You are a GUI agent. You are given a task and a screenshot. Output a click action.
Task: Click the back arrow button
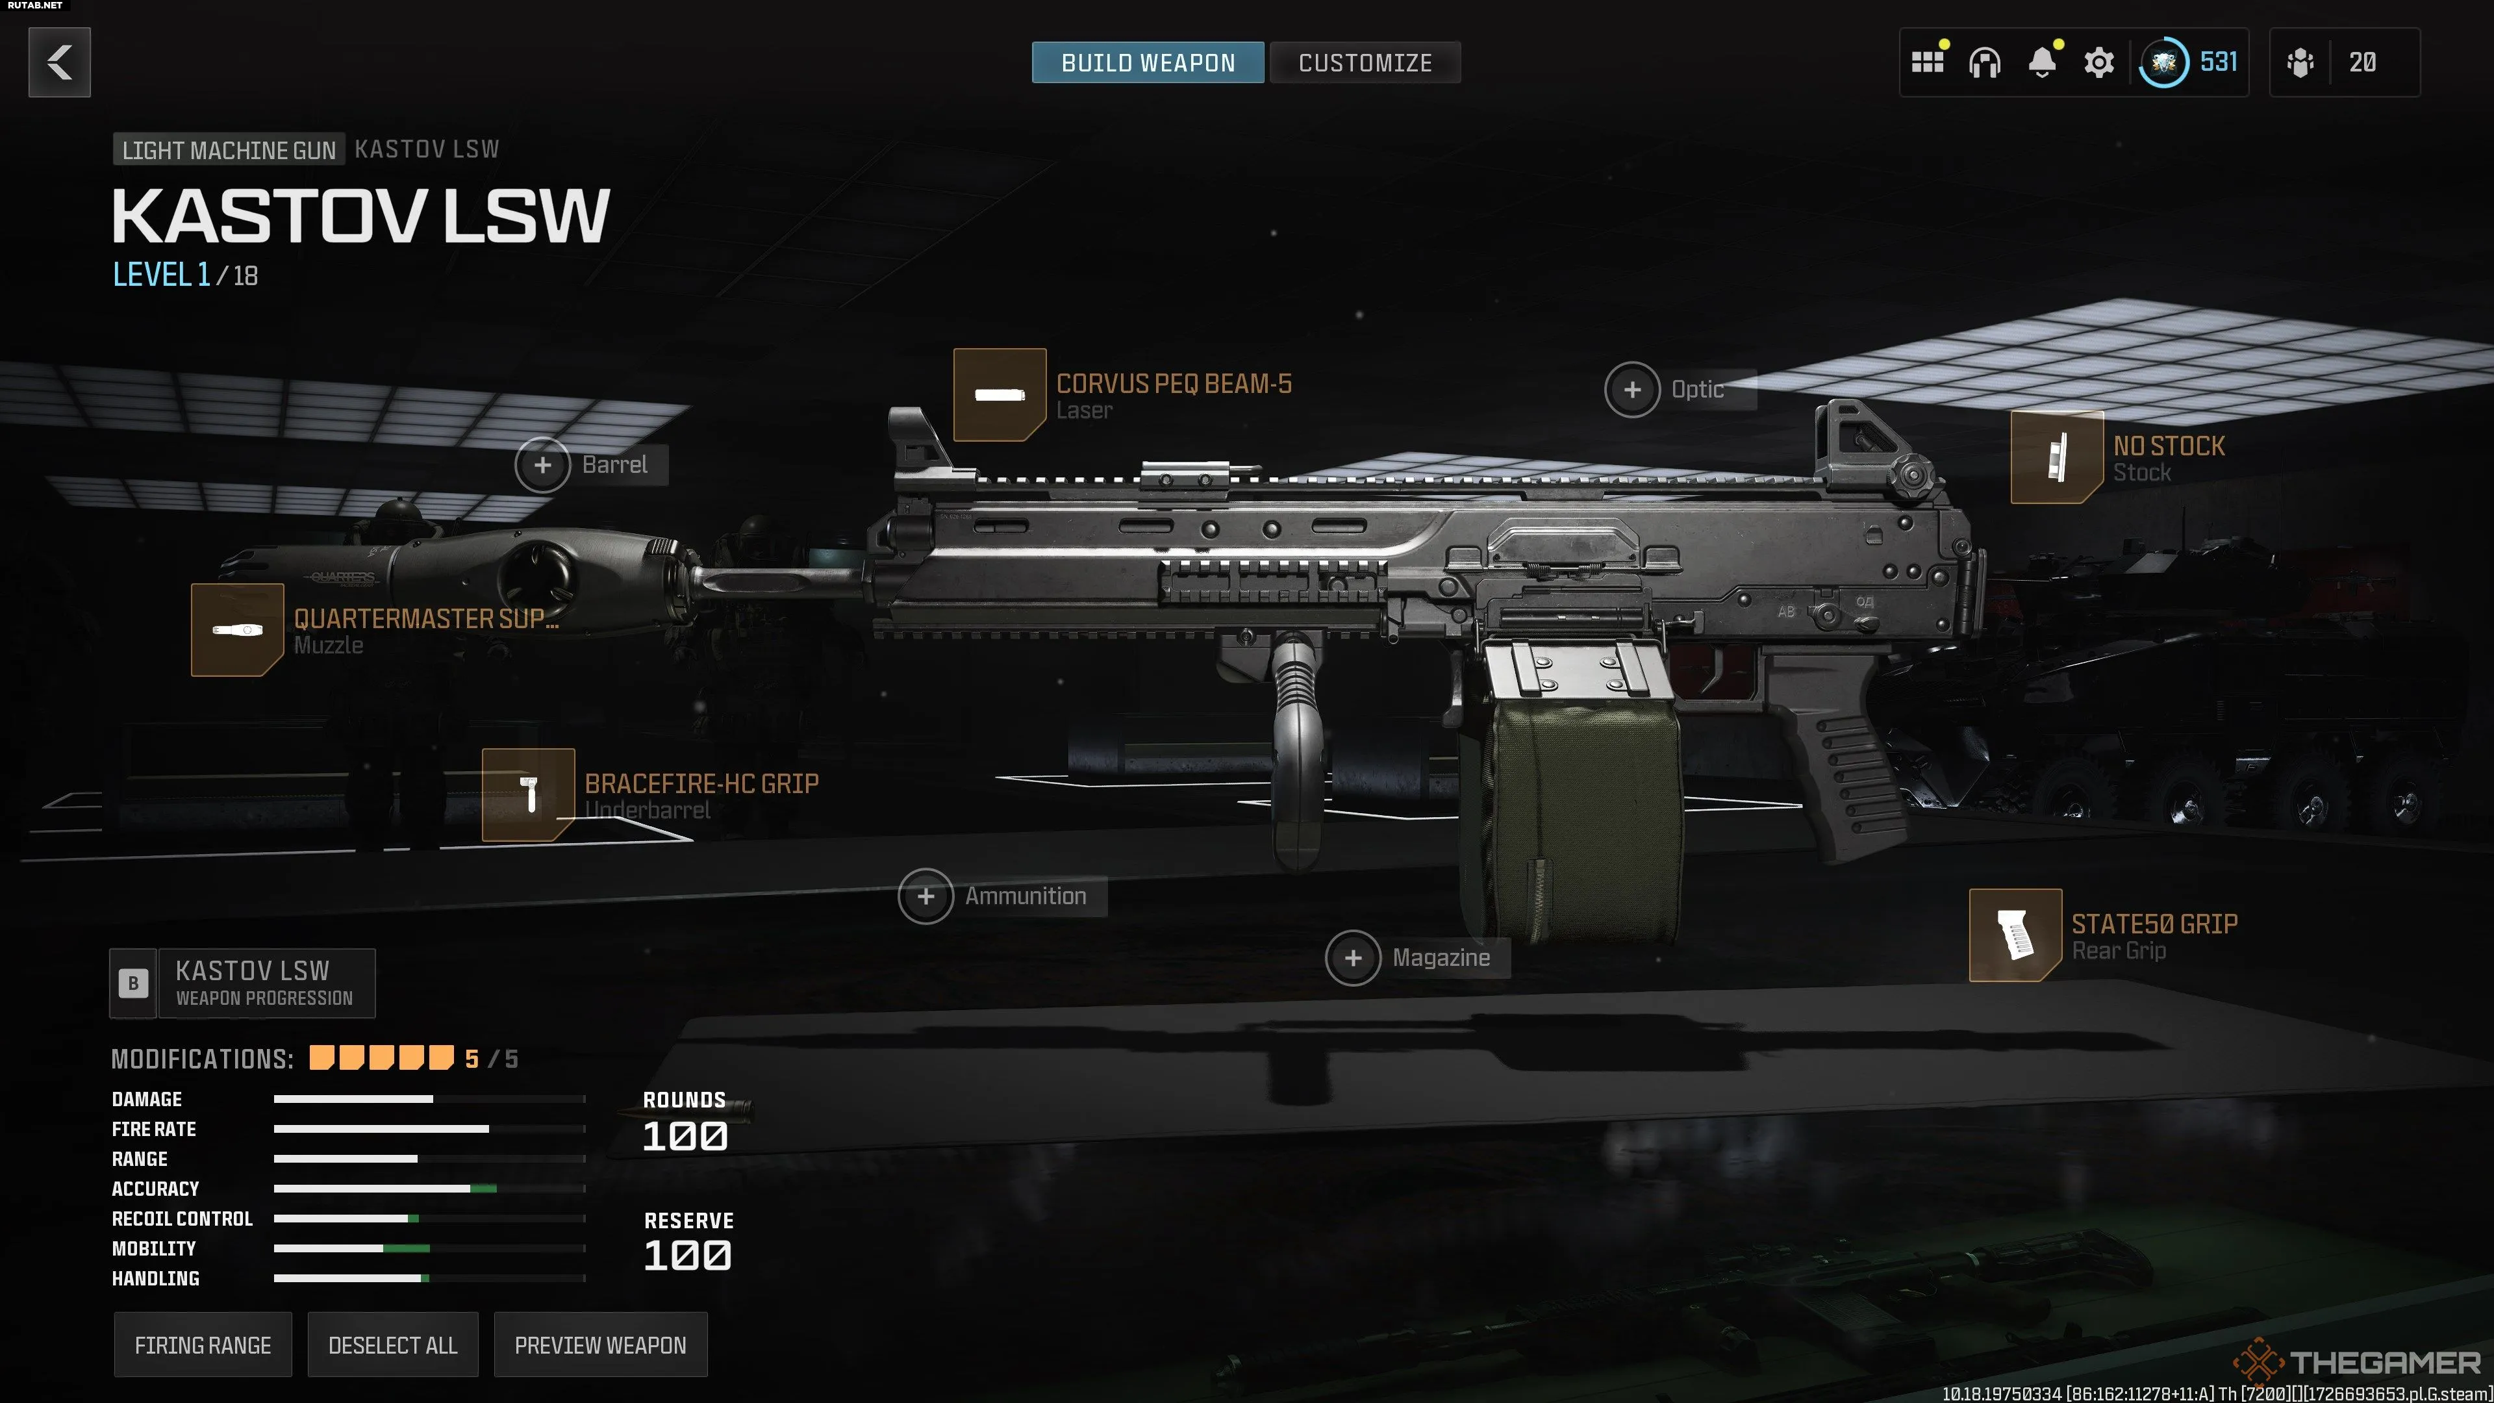point(59,62)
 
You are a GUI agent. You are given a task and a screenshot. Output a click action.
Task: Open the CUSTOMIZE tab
point(1365,63)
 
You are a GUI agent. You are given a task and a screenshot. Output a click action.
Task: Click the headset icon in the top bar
point(1985,63)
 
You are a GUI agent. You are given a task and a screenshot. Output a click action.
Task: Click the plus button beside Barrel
point(543,465)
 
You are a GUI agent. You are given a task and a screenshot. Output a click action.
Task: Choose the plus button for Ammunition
point(926,896)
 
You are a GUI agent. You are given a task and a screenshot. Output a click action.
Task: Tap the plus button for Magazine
point(1352,957)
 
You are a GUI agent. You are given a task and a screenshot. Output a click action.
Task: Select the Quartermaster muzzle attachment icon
point(237,629)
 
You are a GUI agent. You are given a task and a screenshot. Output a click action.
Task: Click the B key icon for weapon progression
point(134,983)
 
